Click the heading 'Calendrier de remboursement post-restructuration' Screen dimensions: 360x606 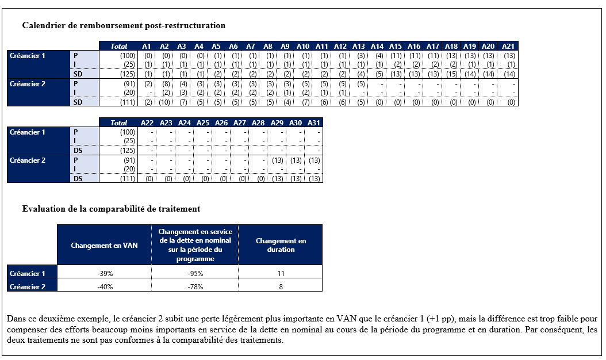124,26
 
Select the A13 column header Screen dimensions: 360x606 358,47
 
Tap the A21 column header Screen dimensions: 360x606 508,47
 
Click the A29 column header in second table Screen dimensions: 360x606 278,122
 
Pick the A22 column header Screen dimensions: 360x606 147,122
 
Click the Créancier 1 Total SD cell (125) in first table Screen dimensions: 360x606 126,74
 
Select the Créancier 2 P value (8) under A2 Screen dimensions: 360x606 165,84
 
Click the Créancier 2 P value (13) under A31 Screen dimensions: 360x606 314,160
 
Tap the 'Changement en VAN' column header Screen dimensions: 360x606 104,246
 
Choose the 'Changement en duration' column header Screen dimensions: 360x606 281,246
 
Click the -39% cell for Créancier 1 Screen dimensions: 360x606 105,274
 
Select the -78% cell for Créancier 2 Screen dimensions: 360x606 195,287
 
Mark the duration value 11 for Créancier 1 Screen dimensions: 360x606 281,274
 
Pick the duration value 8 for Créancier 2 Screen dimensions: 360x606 281,287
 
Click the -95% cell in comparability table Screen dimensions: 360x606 195,274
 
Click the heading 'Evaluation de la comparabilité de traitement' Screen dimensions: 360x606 111,209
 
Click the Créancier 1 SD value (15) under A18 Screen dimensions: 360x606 451,74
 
